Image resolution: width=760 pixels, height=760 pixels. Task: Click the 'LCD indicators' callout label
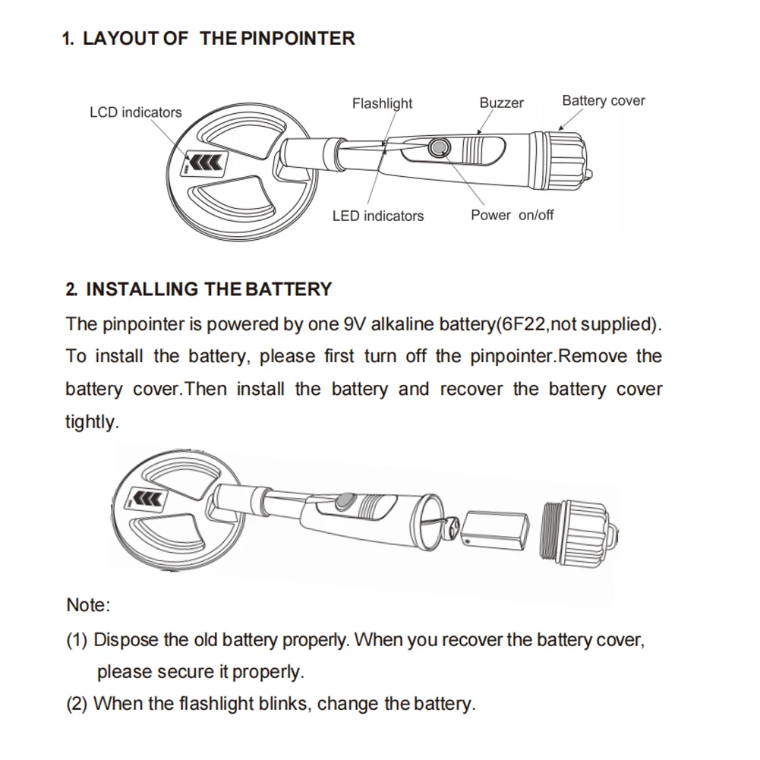click(136, 112)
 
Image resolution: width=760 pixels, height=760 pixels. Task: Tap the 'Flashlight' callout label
click(382, 103)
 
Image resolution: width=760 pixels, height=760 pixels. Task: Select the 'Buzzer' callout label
click(501, 102)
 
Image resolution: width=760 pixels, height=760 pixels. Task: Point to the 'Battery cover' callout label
click(603, 100)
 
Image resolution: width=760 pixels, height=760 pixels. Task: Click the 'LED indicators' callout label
click(377, 216)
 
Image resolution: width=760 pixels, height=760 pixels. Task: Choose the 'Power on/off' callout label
click(512, 215)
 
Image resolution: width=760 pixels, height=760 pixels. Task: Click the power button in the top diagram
click(438, 147)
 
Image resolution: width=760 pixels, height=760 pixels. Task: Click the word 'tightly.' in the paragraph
click(92, 422)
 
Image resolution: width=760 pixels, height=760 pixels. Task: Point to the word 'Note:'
click(88, 605)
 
